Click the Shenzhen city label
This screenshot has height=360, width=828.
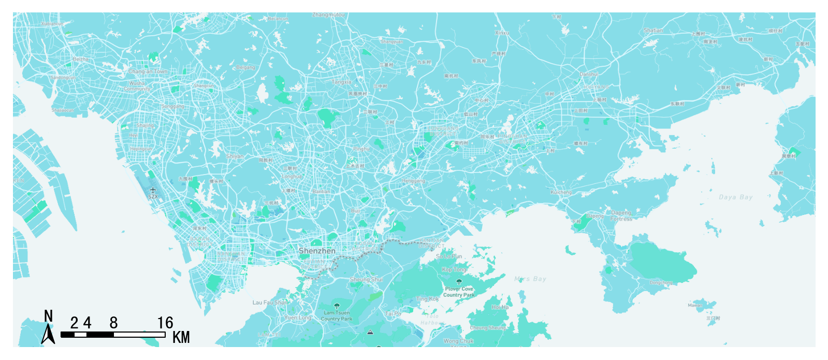[317, 251]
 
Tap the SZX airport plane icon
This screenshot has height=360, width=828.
[153, 190]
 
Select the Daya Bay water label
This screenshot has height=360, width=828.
[735, 197]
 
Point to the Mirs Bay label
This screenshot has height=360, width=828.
[530, 279]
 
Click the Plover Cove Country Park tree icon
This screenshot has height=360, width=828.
[459, 282]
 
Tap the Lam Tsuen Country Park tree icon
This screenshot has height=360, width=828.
[337, 306]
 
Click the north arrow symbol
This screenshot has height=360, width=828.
[48, 333]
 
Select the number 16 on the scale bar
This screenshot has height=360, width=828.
[165, 323]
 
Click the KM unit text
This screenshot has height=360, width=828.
[181, 338]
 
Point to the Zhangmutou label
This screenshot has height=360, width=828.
[328, 15]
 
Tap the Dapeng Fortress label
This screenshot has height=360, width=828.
[621, 216]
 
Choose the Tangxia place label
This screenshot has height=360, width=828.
[341, 82]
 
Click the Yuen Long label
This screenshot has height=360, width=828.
[298, 318]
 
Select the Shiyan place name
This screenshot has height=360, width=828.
[235, 156]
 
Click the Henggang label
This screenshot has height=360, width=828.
[414, 181]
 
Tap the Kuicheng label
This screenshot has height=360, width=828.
[561, 192]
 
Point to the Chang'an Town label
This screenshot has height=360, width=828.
[148, 71]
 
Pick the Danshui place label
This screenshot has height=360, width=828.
[589, 75]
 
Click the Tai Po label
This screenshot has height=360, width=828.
[393, 313]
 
